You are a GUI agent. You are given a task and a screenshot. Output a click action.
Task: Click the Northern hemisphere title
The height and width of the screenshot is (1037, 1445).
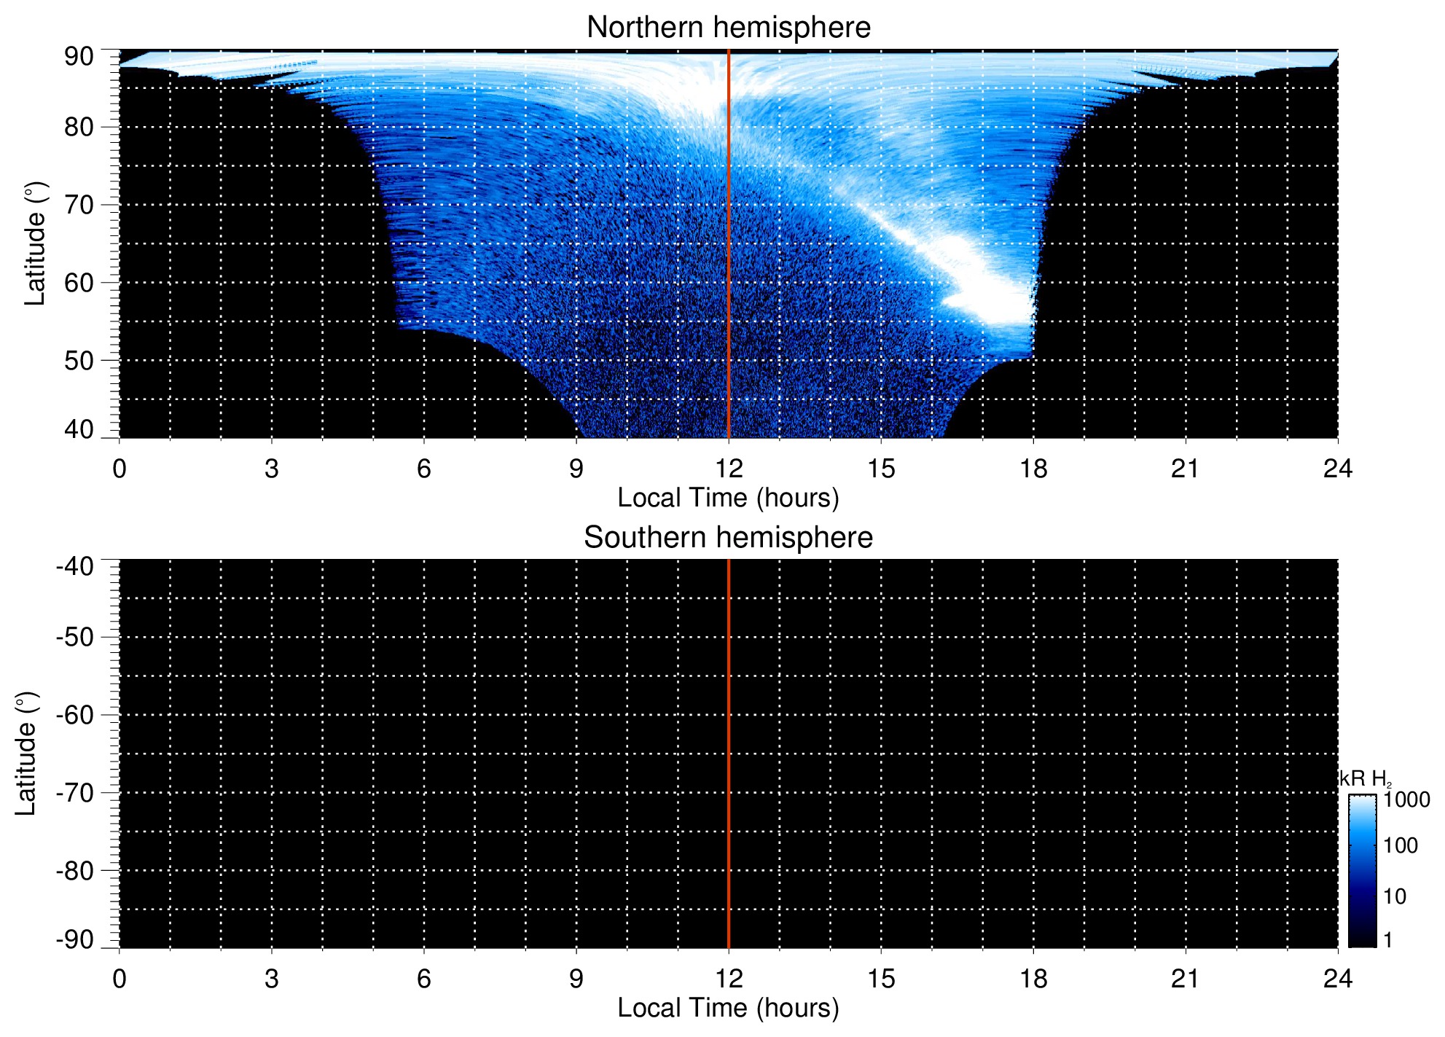point(728,28)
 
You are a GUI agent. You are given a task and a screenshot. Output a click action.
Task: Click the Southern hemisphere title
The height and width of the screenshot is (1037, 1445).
point(728,538)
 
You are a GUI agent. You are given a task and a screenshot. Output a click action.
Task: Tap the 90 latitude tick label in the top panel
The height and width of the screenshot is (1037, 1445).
point(79,56)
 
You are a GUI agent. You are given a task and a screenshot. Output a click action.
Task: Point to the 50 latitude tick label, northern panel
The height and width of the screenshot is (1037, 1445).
point(79,361)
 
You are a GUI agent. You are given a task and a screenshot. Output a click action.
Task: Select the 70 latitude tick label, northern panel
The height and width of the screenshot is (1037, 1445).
point(79,205)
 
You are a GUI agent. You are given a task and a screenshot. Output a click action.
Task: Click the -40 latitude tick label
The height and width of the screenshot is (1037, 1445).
point(75,566)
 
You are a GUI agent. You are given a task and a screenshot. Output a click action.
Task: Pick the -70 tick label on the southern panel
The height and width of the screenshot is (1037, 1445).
point(75,793)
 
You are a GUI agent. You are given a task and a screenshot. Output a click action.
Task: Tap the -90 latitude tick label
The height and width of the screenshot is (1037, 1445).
point(75,939)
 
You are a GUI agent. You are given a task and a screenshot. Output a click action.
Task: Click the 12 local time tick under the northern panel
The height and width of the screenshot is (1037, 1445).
point(728,469)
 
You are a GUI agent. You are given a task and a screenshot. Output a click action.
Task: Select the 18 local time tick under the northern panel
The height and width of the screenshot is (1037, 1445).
point(1033,469)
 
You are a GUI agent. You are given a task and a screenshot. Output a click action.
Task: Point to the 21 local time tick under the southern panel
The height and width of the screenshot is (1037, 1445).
point(1185,979)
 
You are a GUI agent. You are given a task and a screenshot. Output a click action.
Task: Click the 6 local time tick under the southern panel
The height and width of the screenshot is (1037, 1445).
point(423,979)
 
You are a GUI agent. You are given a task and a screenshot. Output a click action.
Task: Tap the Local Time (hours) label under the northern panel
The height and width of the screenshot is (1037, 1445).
point(728,498)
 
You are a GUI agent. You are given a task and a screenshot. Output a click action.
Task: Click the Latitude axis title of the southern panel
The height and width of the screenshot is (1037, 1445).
point(26,754)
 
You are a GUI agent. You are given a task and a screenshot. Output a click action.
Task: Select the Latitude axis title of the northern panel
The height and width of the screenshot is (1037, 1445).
point(35,243)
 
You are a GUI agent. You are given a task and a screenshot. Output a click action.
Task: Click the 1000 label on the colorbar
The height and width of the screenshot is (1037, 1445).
point(1406,800)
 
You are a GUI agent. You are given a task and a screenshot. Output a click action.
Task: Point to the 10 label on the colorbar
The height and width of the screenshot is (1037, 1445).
point(1395,896)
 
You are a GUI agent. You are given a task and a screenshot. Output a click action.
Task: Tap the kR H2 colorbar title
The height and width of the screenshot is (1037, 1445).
point(1366,779)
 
